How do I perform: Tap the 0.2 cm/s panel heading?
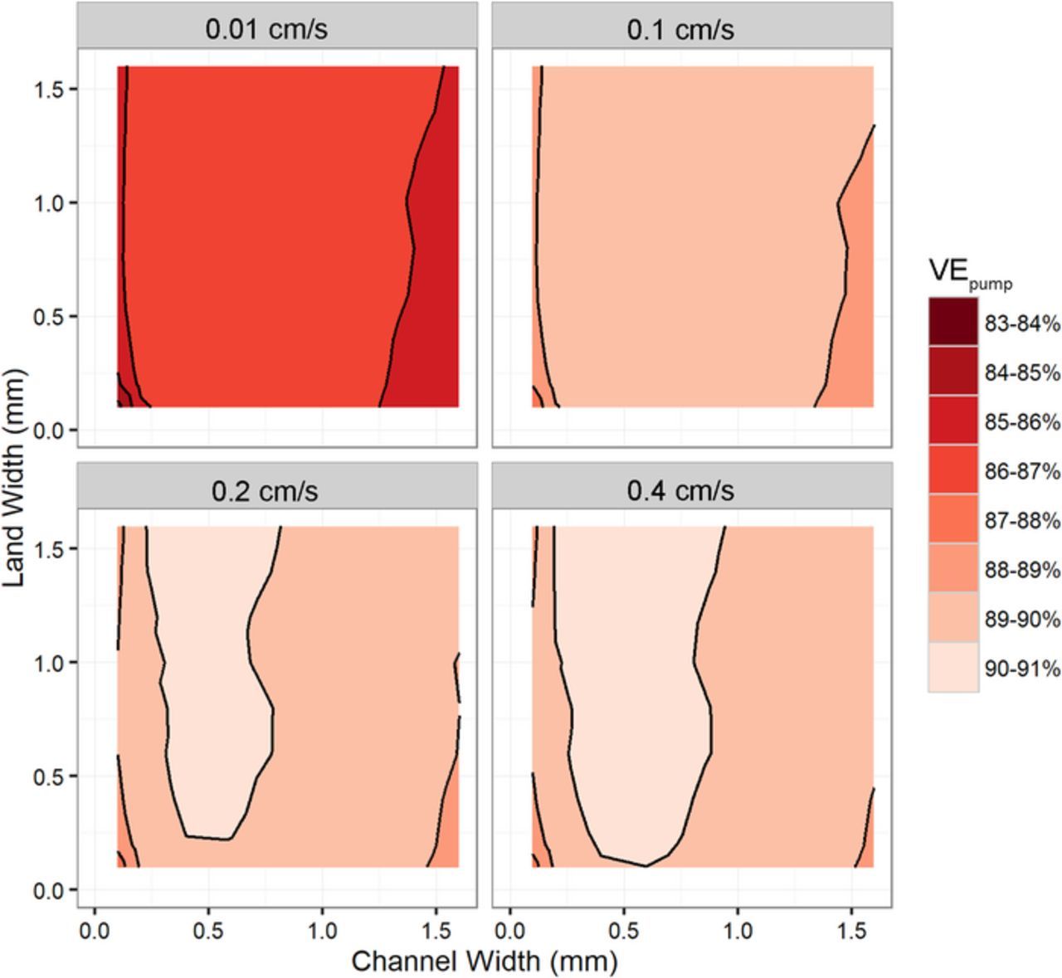coord(265,490)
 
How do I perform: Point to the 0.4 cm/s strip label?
coord(680,490)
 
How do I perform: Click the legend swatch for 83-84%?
coord(952,323)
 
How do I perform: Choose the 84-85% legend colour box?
coord(952,372)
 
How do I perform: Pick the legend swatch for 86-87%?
coord(952,470)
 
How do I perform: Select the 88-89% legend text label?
coord(1021,570)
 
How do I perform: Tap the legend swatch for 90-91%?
coord(952,668)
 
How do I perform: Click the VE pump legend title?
coord(969,273)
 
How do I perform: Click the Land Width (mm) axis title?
coord(16,478)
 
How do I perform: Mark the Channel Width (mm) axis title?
coord(485,961)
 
